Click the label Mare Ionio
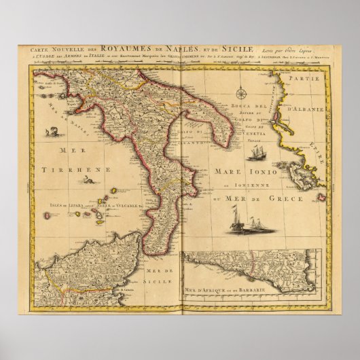click(234, 172)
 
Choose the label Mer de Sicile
click(158, 276)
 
